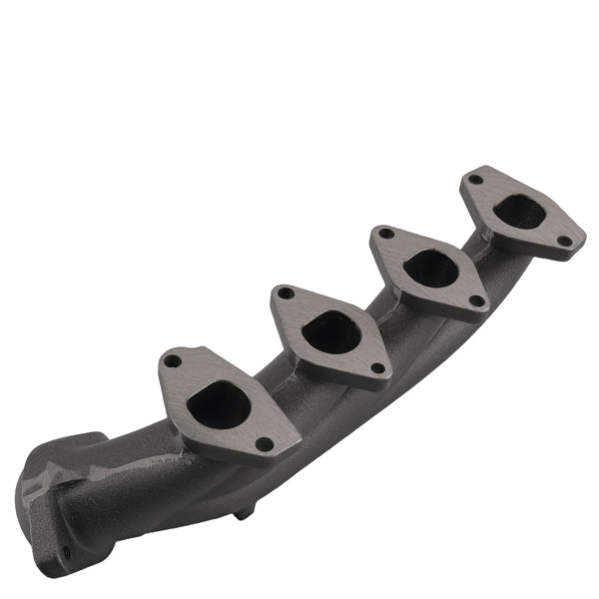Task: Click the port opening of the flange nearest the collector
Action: [219, 404]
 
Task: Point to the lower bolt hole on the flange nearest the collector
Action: [264, 444]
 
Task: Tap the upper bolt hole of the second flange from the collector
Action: [286, 295]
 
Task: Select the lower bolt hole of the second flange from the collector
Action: [377, 369]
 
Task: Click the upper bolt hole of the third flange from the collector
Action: [385, 234]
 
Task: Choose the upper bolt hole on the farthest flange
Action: [476, 180]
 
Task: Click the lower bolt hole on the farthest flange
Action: [563, 241]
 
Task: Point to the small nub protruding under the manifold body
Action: [243, 514]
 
